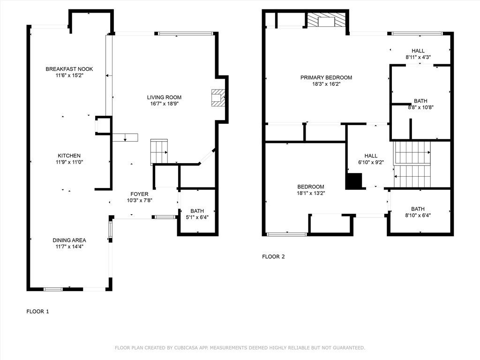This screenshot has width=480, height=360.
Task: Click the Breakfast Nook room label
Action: (x=69, y=69)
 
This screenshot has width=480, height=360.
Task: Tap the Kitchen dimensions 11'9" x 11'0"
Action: (x=69, y=162)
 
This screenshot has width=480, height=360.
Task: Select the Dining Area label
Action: (x=69, y=240)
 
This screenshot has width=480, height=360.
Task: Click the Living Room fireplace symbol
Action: (x=217, y=97)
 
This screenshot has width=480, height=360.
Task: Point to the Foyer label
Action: (x=139, y=194)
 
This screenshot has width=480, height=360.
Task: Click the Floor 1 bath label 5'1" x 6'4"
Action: (x=196, y=217)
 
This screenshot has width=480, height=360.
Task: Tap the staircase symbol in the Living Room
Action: (x=159, y=151)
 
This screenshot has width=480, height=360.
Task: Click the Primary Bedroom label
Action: (x=326, y=78)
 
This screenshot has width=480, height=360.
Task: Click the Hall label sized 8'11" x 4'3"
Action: (x=418, y=51)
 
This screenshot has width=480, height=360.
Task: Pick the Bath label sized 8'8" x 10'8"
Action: (x=420, y=101)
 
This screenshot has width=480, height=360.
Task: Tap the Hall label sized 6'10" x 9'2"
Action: (x=371, y=156)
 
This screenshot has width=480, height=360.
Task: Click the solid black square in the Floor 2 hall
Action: (x=354, y=181)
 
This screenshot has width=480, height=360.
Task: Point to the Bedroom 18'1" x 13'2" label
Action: (x=310, y=187)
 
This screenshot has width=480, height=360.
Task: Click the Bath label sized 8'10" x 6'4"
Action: (x=418, y=209)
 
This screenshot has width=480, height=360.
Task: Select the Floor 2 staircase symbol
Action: (x=412, y=164)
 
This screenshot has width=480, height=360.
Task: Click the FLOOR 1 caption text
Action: (x=37, y=311)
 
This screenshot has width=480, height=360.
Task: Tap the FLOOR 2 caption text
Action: (x=273, y=256)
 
